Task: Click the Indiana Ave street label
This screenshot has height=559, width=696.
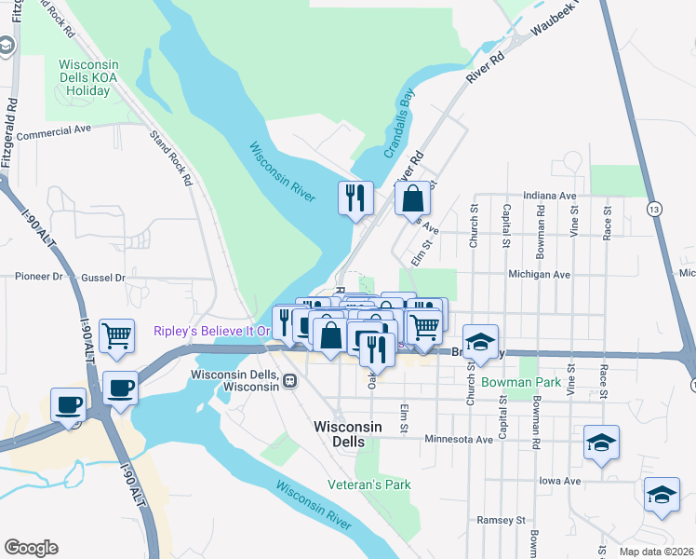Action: (x=549, y=196)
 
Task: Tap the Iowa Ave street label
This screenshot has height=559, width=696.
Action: (x=559, y=481)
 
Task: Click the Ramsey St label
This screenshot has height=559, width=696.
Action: (x=501, y=520)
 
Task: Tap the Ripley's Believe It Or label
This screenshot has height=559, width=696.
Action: (x=211, y=331)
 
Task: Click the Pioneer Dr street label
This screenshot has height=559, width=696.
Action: (x=38, y=277)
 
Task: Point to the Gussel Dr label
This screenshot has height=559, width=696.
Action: (x=102, y=277)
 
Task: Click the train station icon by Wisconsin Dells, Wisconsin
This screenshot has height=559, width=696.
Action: (x=290, y=380)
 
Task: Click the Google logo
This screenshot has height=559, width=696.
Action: (x=32, y=548)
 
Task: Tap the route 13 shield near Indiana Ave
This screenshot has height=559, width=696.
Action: (x=656, y=211)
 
